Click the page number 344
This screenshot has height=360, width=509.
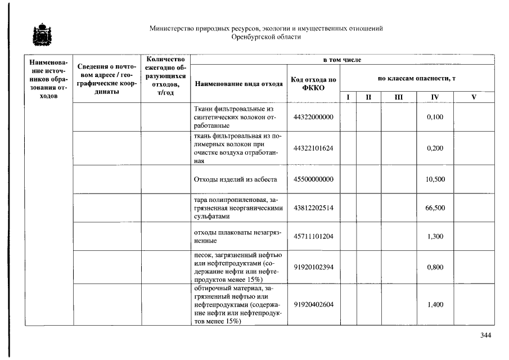point(485,336)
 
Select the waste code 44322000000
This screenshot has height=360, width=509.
point(313,117)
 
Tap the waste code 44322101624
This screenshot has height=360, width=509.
point(313,148)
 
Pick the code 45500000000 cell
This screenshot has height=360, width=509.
point(313,179)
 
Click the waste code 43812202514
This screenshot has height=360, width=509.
point(313,208)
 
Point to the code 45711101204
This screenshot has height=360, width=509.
point(313,236)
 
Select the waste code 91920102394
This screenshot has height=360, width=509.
point(313,267)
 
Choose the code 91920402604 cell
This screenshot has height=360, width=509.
point(313,304)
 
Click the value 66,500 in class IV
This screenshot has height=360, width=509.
point(435,208)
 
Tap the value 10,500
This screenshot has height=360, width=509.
point(435,179)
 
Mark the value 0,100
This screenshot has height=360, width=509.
point(435,117)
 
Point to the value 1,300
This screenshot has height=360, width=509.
point(435,236)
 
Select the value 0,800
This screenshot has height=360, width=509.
point(435,267)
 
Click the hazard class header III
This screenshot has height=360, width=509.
point(398,97)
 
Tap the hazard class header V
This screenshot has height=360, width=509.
point(474,97)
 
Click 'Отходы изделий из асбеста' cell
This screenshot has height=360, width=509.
point(235,179)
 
